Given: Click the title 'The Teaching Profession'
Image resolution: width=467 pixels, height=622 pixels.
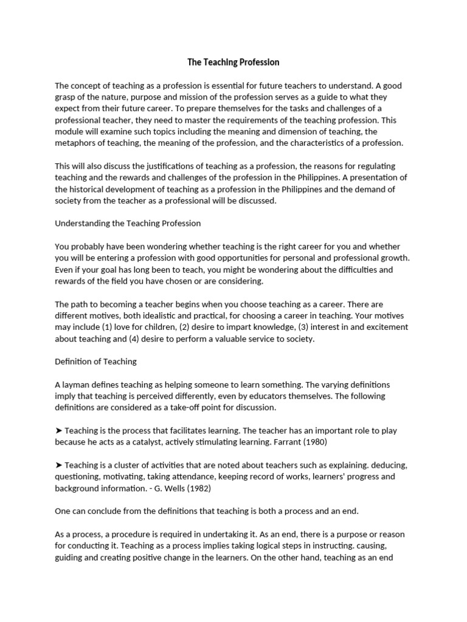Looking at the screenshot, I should (x=233, y=62).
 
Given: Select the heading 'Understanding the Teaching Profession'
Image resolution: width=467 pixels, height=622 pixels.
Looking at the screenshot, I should (x=128, y=223).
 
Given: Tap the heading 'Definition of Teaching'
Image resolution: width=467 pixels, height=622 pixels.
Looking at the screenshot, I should (x=96, y=361).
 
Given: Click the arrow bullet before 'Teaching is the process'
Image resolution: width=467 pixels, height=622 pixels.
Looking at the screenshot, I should (x=58, y=431).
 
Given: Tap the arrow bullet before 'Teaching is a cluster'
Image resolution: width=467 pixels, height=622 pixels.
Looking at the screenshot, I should (x=58, y=465).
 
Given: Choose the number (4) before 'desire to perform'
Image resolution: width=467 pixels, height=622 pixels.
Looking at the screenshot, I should (x=134, y=339).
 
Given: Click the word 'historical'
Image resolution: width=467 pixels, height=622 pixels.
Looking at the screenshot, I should (x=91, y=190).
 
